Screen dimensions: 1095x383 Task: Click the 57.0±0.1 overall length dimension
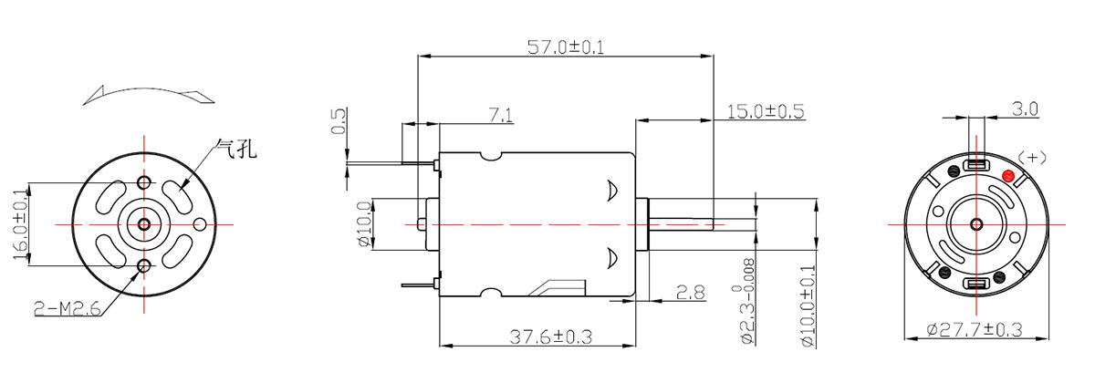tap(566, 47)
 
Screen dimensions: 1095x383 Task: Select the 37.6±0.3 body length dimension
tap(550, 336)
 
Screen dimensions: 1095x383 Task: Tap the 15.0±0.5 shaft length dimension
tap(766, 111)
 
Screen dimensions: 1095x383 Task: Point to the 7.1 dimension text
tap(501, 115)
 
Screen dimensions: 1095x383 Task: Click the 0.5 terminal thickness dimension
tap(339, 120)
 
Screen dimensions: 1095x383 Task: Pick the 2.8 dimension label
tap(691, 293)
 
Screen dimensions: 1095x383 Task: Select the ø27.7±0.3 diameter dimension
tap(975, 330)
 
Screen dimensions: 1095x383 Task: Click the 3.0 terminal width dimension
tap(1025, 109)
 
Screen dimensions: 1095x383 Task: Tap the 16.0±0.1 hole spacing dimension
tap(20, 224)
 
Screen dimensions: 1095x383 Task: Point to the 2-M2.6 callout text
tap(68, 308)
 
